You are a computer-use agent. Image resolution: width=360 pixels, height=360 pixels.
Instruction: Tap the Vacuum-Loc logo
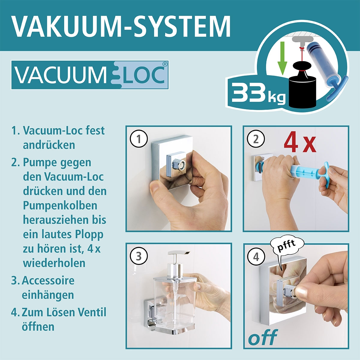(90, 75)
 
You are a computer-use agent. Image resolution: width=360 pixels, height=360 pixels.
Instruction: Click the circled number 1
(139, 139)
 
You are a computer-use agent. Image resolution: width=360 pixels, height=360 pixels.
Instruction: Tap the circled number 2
(256, 139)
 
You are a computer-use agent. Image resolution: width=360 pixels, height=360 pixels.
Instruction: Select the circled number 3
(139, 256)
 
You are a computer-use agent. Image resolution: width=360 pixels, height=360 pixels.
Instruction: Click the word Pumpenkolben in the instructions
(60, 205)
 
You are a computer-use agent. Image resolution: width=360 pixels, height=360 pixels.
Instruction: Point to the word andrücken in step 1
(49, 145)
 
